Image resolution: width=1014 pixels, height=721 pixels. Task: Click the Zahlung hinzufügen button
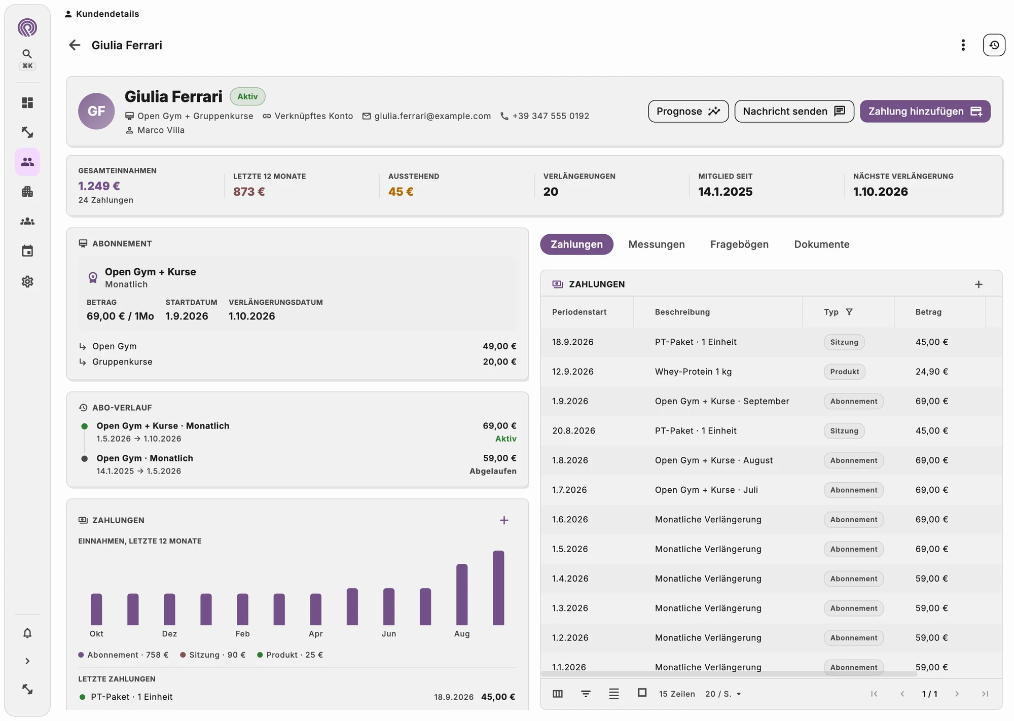[925, 111]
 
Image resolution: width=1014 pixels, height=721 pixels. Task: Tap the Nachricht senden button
[794, 111]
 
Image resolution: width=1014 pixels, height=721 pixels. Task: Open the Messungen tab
[657, 244]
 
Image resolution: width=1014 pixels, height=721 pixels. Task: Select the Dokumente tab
[822, 244]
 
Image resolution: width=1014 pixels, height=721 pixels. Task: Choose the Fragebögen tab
[739, 244]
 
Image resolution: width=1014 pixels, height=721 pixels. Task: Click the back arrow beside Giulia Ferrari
[75, 45]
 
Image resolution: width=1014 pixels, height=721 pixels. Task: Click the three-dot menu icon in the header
[963, 45]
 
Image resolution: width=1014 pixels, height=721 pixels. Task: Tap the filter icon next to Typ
[849, 312]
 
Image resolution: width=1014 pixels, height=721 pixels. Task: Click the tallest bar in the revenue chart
[498, 588]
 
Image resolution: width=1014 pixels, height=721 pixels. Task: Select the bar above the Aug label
[462, 594]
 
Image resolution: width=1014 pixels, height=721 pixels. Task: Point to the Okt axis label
[96, 634]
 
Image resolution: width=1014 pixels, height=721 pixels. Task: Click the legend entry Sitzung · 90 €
[213, 655]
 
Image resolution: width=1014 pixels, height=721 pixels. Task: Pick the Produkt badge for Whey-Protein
[845, 372]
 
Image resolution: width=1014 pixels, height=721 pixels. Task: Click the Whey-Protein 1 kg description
[693, 372]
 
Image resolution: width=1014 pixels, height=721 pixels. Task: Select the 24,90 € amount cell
[931, 372]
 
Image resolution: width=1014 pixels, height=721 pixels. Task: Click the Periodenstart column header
[579, 312]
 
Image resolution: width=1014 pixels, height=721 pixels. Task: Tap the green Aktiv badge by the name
[247, 96]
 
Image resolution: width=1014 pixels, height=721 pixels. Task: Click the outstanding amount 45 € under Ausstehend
[401, 192]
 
